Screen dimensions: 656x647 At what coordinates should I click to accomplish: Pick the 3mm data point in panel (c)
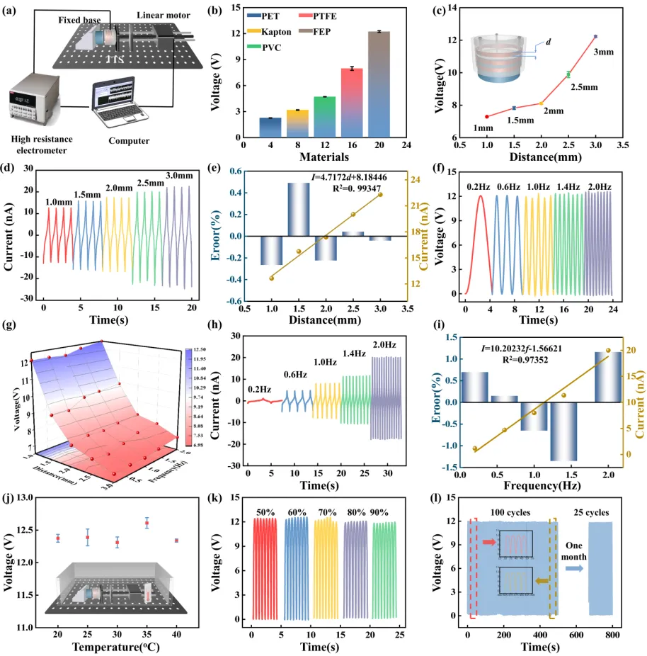pyautogui.click(x=595, y=36)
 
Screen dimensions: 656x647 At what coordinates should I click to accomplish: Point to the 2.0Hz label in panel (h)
pyautogui.click(x=386, y=345)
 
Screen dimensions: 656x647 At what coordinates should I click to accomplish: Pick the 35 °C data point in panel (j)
pyautogui.click(x=147, y=524)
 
